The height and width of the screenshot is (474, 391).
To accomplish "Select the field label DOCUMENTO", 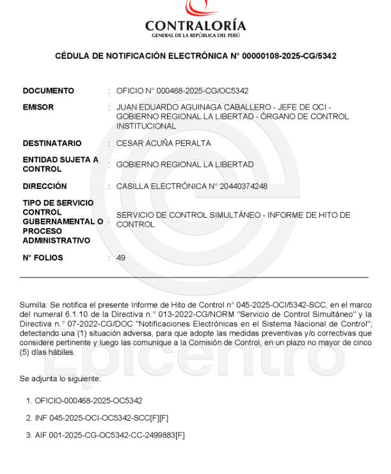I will click(x=49, y=91).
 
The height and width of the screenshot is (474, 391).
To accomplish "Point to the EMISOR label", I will click(x=38, y=108).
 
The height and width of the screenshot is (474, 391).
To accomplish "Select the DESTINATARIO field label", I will click(x=52, y=143).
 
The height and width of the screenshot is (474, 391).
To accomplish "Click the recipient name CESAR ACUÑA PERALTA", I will click(x=164, y=143).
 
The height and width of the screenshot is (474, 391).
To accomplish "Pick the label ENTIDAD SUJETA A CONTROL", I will click(x=60, y=165).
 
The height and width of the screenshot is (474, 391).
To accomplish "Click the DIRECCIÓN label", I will click(x=45, y=186).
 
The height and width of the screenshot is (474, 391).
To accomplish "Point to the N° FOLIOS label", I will click(x=43, y=258).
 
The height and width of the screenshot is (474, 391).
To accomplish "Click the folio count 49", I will click(x=121, y=258).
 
